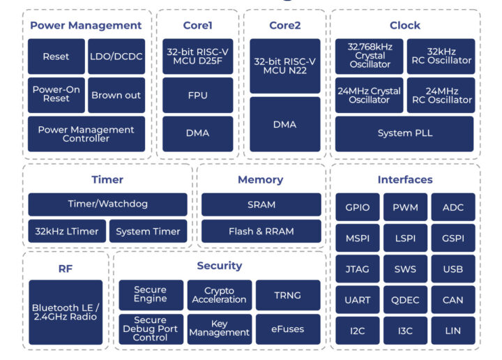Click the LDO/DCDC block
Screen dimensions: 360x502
pos(116,57)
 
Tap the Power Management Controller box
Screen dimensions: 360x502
pos(86,134)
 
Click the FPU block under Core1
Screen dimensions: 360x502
pos(197,95)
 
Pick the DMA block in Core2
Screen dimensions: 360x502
pos(284,124)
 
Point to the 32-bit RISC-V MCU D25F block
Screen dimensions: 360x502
pos(197,57)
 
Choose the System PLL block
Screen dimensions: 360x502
pos(404,133)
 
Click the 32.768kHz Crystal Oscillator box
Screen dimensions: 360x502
pos(369,56)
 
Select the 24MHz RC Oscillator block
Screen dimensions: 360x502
pos(440,95)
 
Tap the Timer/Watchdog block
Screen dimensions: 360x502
pos(107,204)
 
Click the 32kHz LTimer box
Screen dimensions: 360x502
pos(67,231)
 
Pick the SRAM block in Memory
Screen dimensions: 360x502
pos(261,204)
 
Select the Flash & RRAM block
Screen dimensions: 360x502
pos(261,231)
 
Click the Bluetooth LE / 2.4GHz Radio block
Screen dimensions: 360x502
pos(66,312)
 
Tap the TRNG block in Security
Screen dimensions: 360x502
pos(288,295)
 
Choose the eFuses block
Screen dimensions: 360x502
pos(288,329)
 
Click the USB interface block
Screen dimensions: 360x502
pos(453,269)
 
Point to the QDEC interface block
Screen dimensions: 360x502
pos(405,299)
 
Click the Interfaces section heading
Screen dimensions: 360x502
pos(405,180)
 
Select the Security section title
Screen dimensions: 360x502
pos(219,266)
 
